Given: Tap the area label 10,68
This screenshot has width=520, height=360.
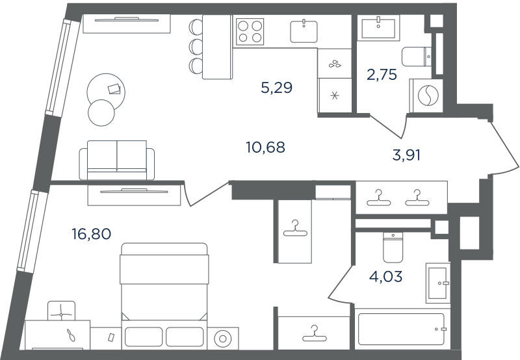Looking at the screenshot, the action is coord(265,147).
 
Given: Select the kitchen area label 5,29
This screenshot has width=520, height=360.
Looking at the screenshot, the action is coord(277,88).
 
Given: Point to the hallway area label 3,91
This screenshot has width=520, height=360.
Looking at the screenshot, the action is coord(406,155).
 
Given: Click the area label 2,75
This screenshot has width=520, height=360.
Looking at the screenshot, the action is coord(382,75).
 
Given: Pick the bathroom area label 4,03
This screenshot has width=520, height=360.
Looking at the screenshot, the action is coord(385,276).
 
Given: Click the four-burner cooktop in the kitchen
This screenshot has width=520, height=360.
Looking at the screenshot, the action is coord(250,31).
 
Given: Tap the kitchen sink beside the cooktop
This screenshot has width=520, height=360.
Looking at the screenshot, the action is coord(304,31).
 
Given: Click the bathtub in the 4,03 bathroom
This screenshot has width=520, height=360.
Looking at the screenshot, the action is coord(401,329).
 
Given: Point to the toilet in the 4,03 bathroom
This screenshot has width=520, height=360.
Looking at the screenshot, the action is coord(393,247).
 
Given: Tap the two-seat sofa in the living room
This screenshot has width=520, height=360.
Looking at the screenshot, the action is coord(117,160).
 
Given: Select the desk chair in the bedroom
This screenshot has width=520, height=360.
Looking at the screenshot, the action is coord(61,311).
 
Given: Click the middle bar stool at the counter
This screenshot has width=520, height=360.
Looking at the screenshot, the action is coord(196,46).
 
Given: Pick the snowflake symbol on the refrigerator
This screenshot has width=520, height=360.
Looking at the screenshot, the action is coord(335,96).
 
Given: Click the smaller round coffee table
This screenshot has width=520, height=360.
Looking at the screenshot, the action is coord(101,112).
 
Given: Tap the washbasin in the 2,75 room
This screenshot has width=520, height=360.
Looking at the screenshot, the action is coord(378,28).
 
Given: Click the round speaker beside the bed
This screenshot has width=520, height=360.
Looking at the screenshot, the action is coord(222,339).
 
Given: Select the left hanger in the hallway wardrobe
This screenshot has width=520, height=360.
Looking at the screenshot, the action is coord(378,198).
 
